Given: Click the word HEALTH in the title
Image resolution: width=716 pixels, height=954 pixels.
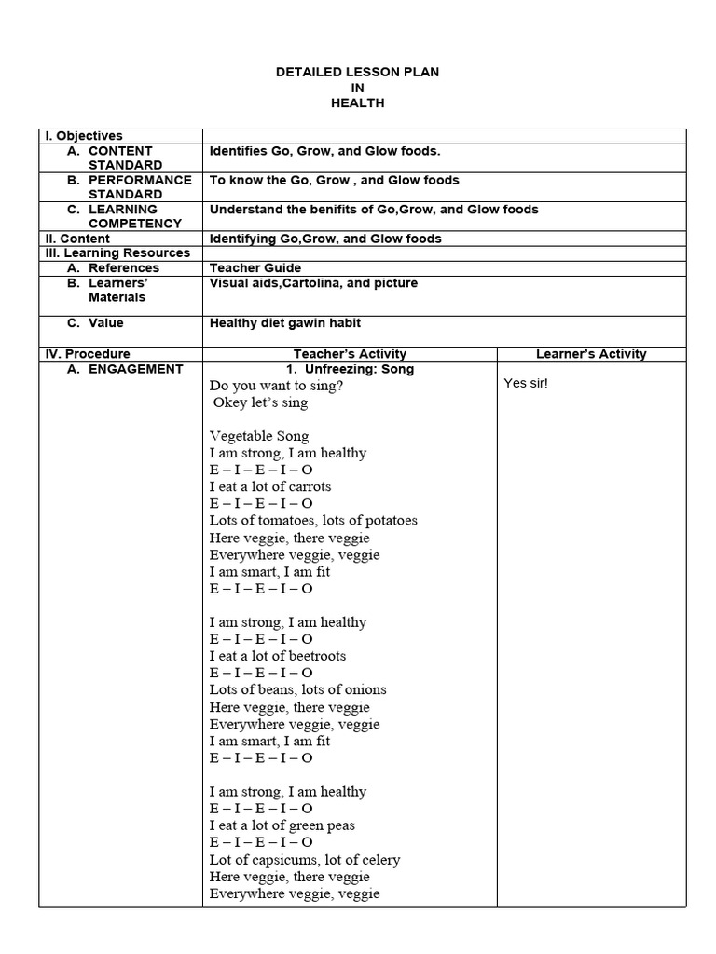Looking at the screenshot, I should (357, 103).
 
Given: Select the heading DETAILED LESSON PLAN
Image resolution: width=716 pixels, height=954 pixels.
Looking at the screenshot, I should (358, 72).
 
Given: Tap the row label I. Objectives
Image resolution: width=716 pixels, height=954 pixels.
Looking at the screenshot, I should (84, 136).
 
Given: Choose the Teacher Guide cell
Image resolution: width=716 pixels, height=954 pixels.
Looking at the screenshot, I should (255, 268).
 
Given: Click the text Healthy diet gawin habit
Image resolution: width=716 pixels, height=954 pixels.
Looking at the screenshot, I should (284, 323).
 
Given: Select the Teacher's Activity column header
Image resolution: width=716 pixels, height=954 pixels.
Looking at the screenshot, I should (350, 354).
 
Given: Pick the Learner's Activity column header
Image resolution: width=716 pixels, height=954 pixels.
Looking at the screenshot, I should (591, 354).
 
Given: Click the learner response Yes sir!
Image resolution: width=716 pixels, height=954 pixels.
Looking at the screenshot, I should (526, 383).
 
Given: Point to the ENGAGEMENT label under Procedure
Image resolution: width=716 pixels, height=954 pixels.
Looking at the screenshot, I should (136, 369).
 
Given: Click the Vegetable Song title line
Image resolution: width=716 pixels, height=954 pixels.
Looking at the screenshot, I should (259, 436).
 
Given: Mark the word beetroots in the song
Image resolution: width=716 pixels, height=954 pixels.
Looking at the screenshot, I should (314, 656).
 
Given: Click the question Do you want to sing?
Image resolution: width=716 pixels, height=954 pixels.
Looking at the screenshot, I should (276, 386).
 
